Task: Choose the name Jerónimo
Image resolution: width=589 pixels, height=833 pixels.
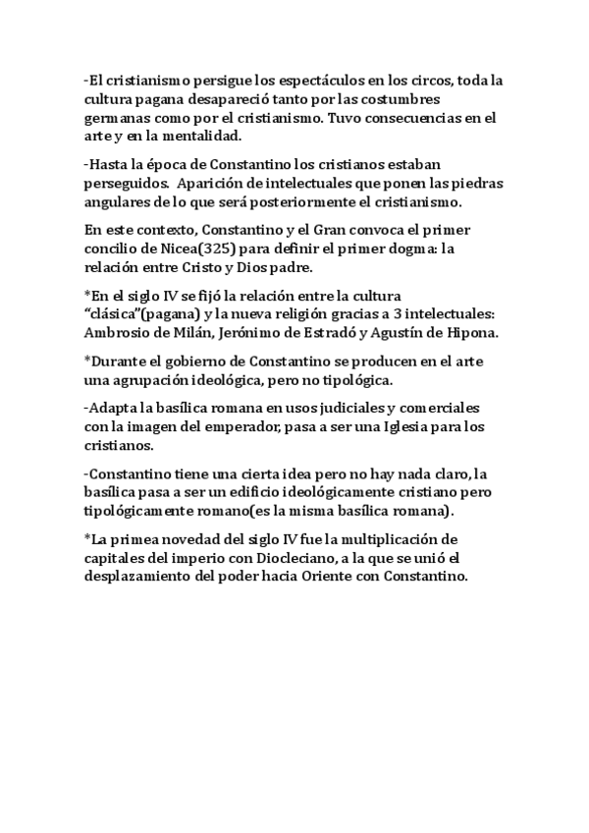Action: (241, 332)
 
